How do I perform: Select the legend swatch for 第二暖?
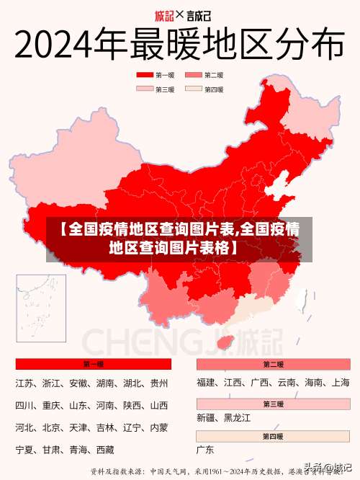tap(193, 75)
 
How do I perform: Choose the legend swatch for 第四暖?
tap(193, 89)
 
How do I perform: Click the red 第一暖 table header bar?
tap(93, 365)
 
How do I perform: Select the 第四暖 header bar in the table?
tap(273, 436)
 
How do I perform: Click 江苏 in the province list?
tap(26, 383)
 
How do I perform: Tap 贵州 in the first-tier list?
tap(159, 383)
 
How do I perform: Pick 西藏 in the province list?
tap(105, 450)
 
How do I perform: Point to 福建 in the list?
tap(206, 383)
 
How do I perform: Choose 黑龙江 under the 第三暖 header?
tap(237, 417)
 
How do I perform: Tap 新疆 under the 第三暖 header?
tap(206, 417)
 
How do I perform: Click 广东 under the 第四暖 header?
tap(205, 450)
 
